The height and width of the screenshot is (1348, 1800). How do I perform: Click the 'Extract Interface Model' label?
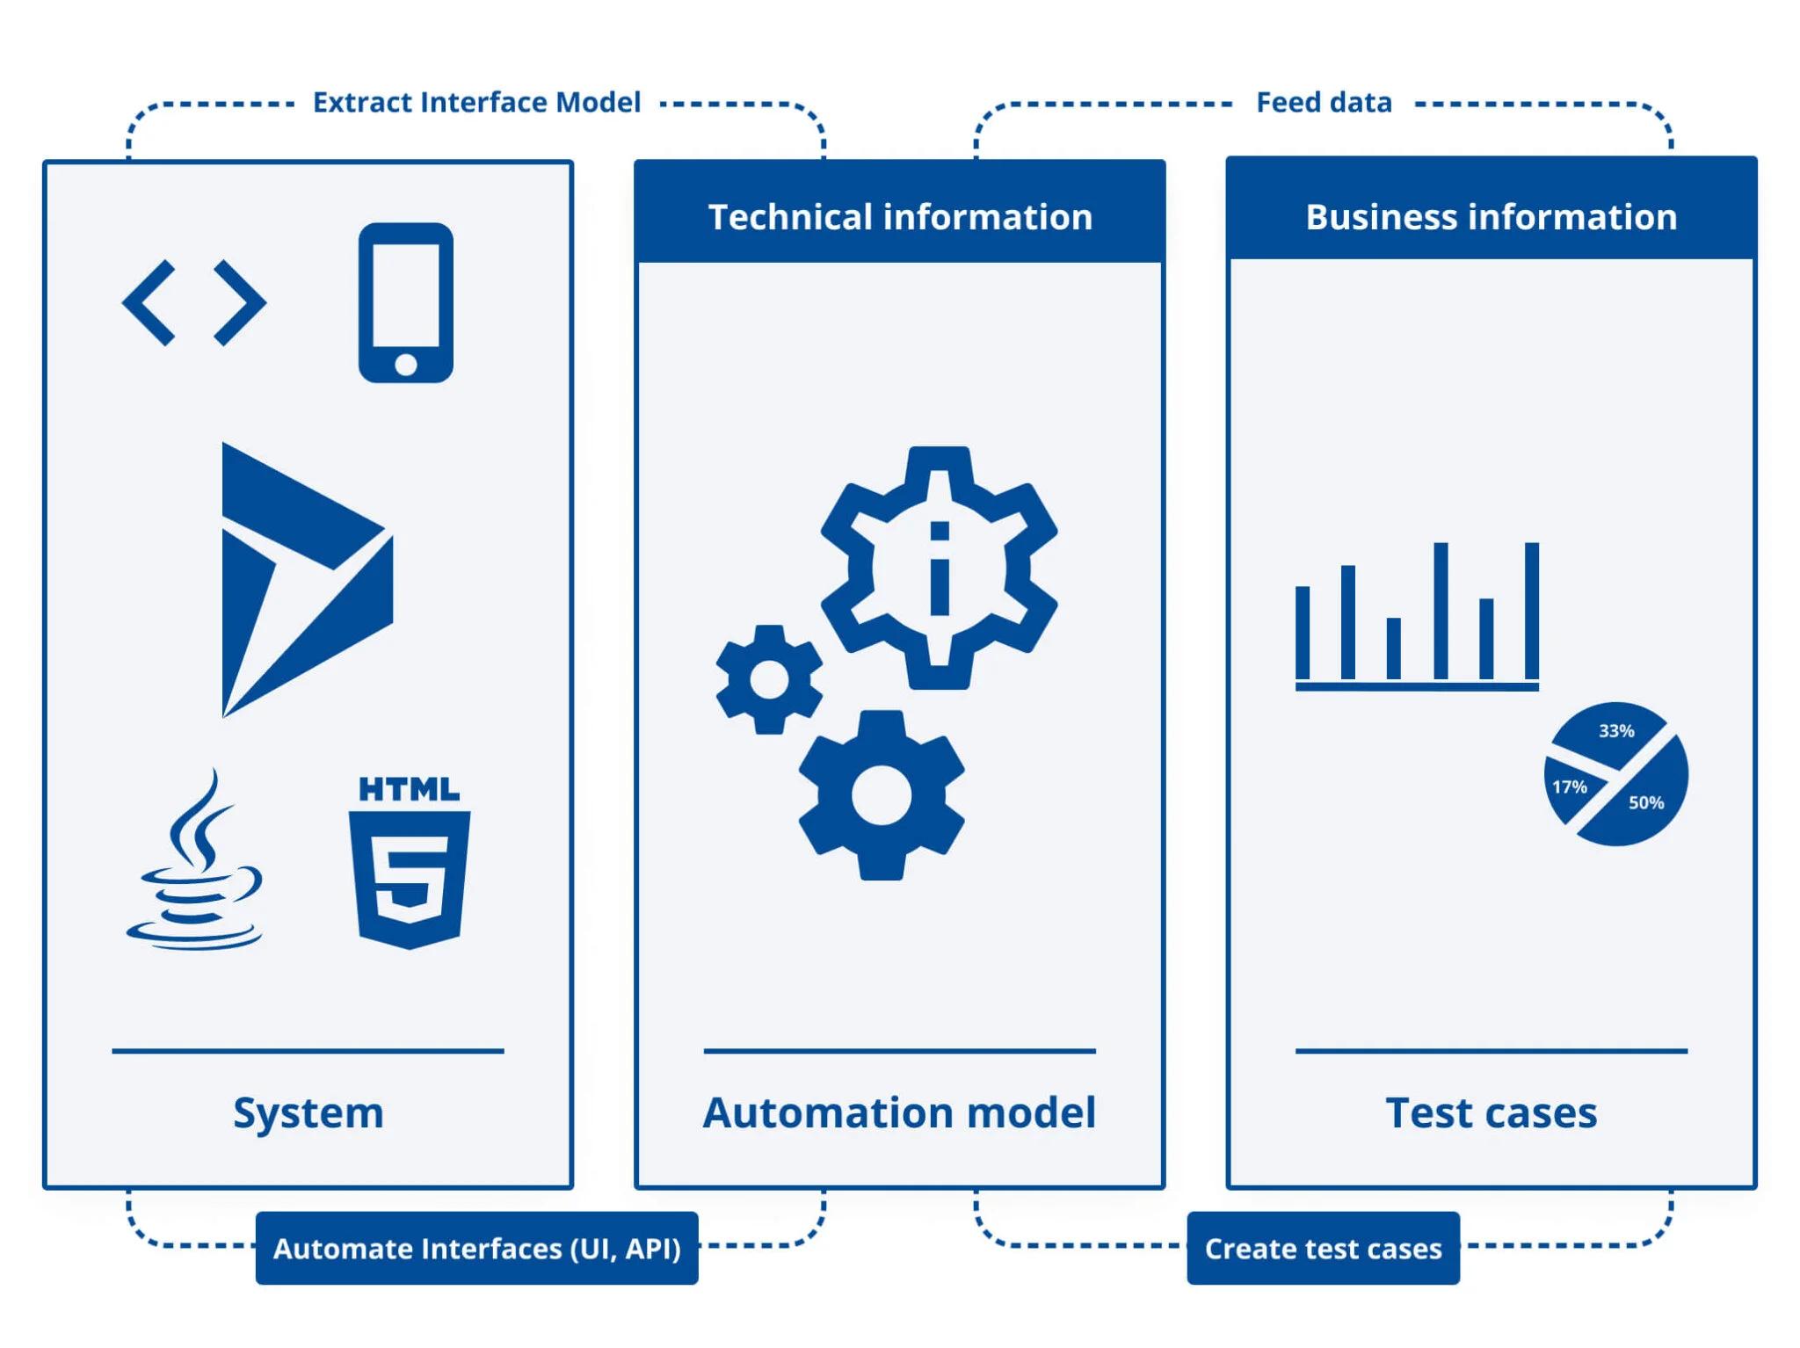pos(476,103)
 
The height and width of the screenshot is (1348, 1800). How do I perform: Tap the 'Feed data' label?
pos(1323,103)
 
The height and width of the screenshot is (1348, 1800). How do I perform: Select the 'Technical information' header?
pos(900,217)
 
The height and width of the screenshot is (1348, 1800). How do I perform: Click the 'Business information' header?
pos(1491,217)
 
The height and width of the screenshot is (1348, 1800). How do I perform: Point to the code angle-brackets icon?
pos(194,302)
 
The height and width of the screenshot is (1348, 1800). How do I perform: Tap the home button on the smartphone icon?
pos(405,364)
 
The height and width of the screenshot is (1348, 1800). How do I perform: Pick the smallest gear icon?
pos(769,679)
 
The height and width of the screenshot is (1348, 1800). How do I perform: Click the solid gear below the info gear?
pos(881,795)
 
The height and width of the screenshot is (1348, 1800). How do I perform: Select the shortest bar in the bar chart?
pos(1393,649)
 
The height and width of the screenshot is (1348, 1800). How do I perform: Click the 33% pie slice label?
pos(1615,731)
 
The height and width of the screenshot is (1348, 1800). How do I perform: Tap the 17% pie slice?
pos(1569,787)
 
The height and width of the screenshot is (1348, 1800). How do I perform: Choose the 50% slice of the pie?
pos(1645,803)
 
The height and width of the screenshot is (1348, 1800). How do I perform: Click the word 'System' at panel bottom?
pos(308,1112)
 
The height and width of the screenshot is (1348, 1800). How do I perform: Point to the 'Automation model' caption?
pos(899,1112)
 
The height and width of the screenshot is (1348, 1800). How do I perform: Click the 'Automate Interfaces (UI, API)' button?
pos(476,1249)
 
